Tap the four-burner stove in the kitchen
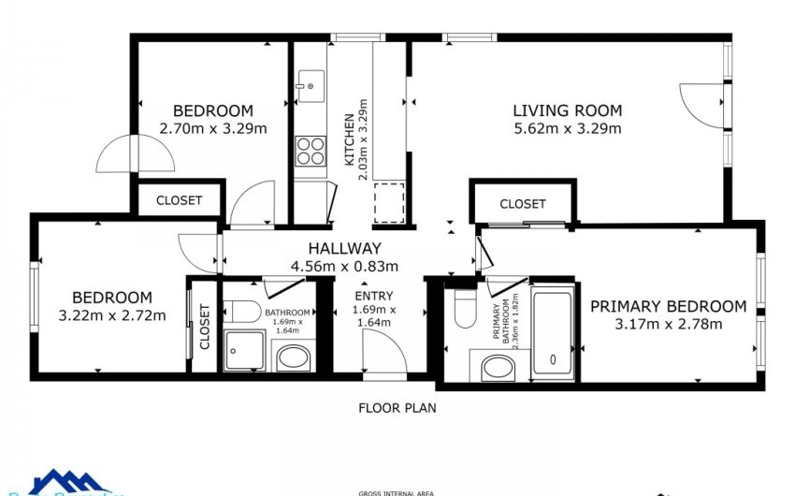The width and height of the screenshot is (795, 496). pyautogui.click(x=311, y=151)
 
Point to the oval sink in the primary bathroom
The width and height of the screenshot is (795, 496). pyautogui.click(x=496, y=367)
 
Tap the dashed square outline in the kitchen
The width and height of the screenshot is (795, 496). pyautogui.click(x=388, y=201)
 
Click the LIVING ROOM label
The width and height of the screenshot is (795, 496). pyautogui.click(x=567, y=110)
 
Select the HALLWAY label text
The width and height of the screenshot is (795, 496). pyautogui.click(x=345, y=248)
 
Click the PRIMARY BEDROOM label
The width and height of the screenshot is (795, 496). pyautogui.click(x=668, y=306)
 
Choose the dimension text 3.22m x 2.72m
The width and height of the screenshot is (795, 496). pyautogui.click(x=112, y=314)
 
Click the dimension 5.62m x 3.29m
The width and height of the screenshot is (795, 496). pyautogui.click(x=567, y=128)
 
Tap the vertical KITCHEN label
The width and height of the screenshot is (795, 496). pyautogui.click(x=350, y=140)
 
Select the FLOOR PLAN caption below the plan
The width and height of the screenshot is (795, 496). pyautogui.click(x=397, y=408)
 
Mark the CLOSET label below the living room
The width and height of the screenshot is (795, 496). pyautogui.click(x=522, y=204)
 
